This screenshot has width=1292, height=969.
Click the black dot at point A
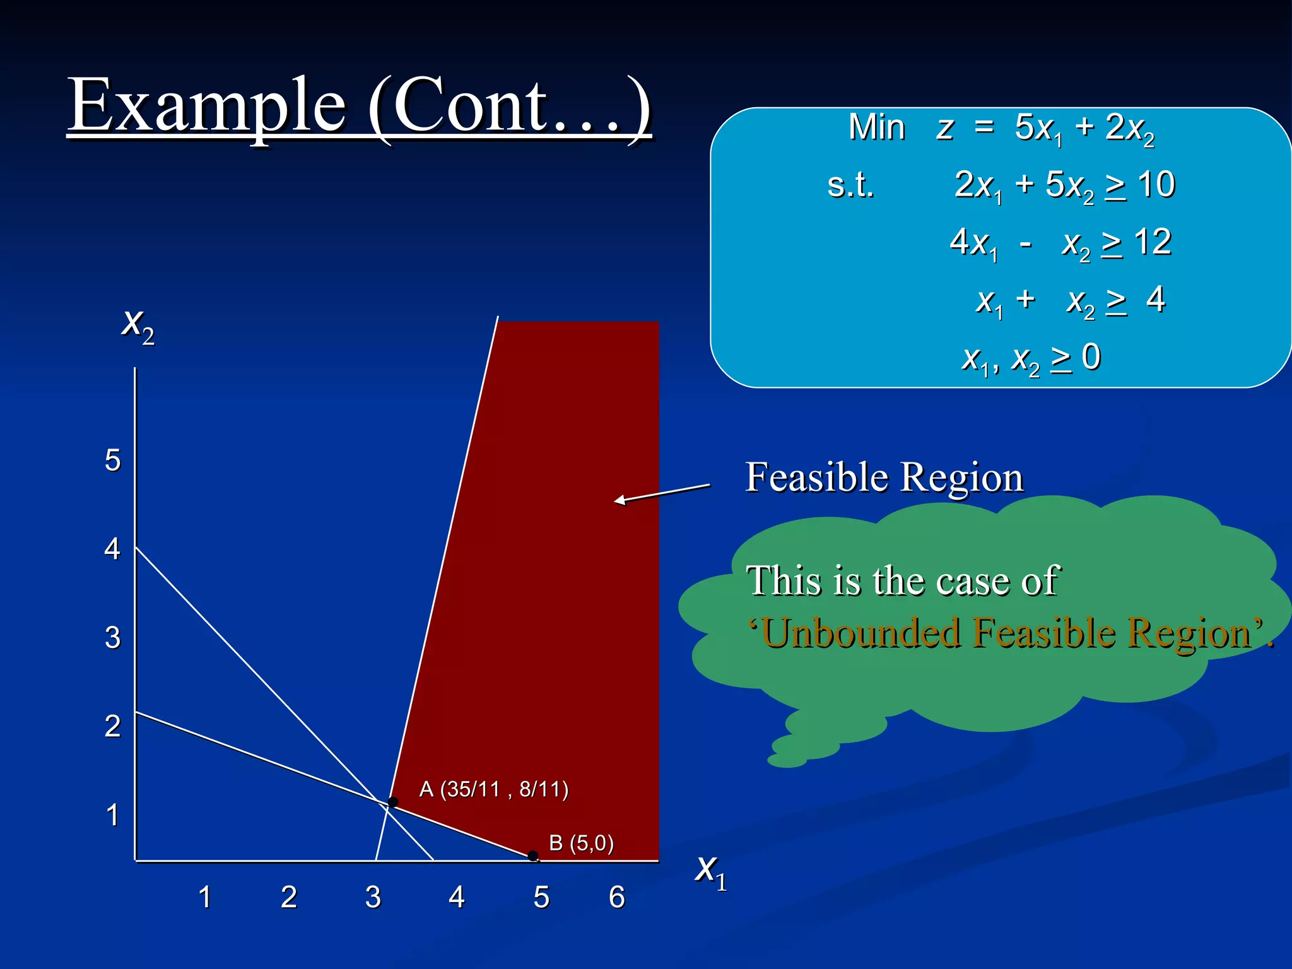coord(393,802)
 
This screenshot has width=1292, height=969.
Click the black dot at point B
coord(533,856)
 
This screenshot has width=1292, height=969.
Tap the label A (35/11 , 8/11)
coord(493,789)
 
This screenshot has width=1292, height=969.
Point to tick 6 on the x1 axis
coord(617,897)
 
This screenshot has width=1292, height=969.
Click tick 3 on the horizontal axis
coord(373,897)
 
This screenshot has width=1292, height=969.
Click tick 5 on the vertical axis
coord(112,460)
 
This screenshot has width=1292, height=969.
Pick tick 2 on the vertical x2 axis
coord(112,726)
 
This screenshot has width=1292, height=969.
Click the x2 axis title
coord(138,326)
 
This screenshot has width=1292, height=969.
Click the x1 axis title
coord(711,871)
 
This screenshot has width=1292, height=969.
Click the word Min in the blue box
coord(876,127)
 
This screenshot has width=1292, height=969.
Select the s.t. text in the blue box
coord(850,185)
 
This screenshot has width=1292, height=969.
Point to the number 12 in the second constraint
coord(1152,242)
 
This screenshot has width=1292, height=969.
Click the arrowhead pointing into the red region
coord(620,501)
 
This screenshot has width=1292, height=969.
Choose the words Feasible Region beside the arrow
coord(883,477)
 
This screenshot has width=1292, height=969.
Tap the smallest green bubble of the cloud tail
coord(787,760)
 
